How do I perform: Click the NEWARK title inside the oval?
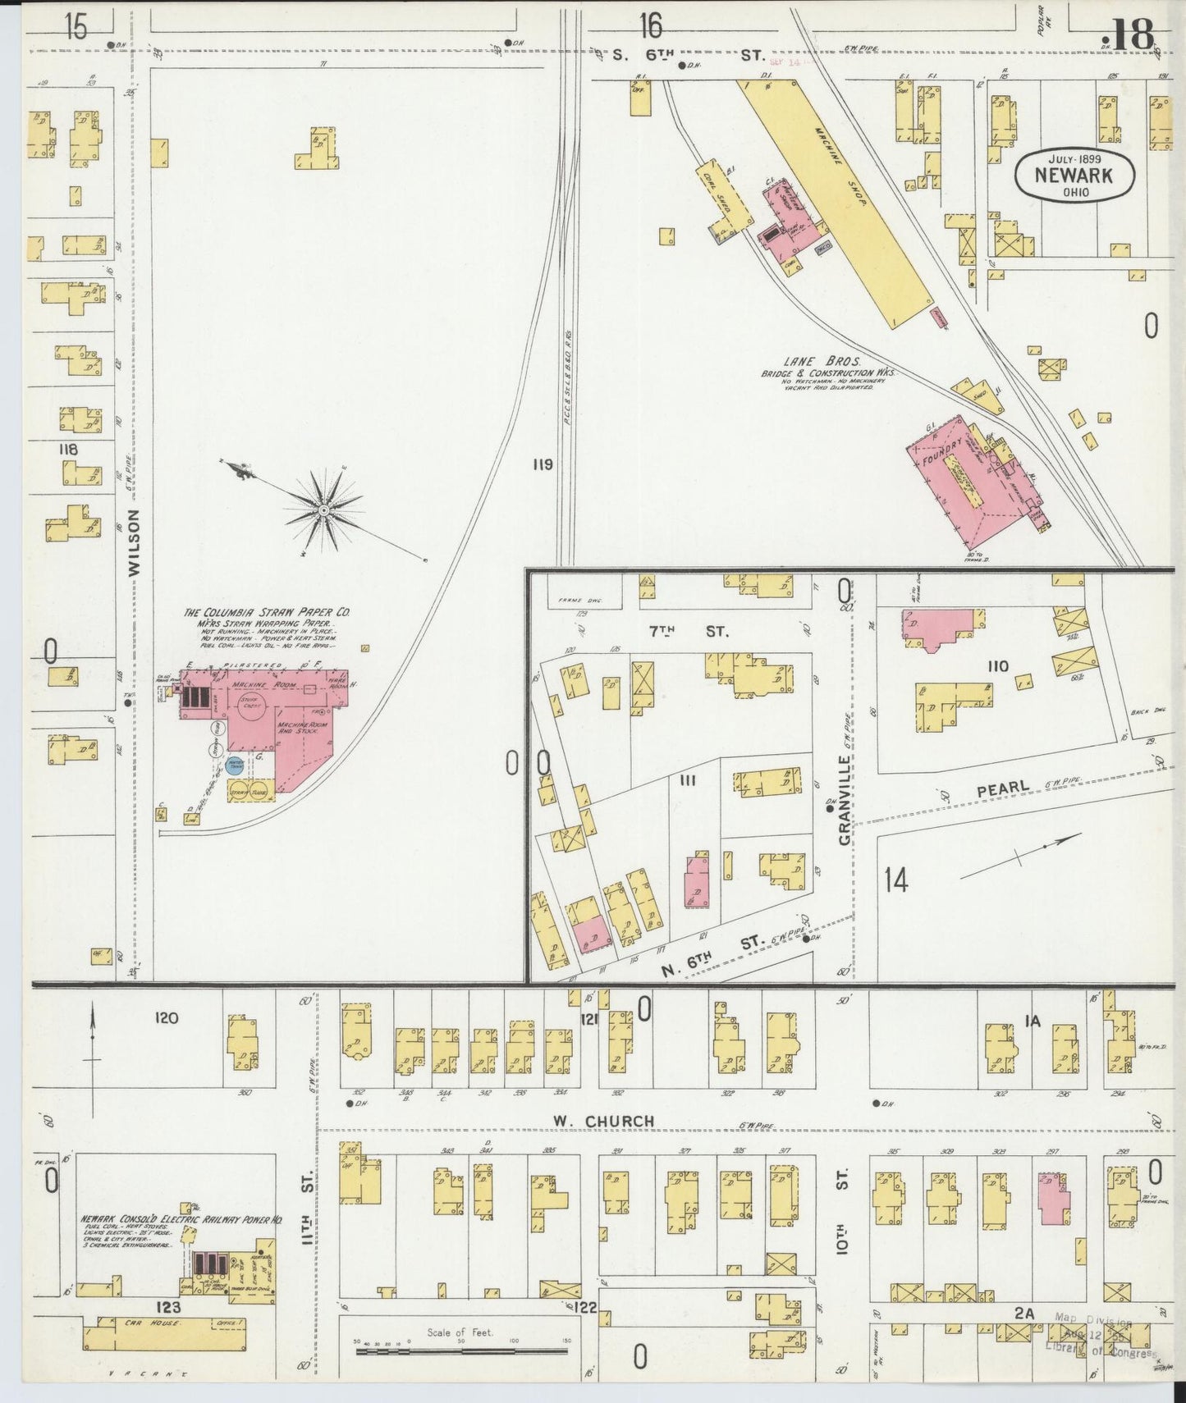(x=1074, y=174)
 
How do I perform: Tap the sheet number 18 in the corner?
(x=1133, y=34)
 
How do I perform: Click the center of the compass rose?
(x=324, y=510)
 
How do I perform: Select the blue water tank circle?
(x=235, y=765)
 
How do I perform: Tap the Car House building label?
(x=135, y=1323)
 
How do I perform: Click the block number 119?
(x=542, y=465)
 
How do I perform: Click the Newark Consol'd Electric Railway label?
(x=181, y=1219)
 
